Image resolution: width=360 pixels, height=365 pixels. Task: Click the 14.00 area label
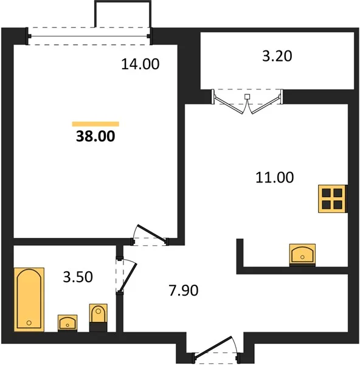140,64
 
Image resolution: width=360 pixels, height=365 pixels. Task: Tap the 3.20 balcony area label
277,56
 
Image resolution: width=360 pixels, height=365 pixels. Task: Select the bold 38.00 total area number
95,136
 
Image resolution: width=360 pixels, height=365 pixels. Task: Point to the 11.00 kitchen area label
275,178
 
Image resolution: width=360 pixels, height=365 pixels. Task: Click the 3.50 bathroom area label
78,277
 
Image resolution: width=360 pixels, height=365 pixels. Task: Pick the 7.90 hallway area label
184,290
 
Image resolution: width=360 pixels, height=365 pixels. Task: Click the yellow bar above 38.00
95,124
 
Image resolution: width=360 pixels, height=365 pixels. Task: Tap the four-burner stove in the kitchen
333,199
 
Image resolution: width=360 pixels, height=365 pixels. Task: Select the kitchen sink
302,255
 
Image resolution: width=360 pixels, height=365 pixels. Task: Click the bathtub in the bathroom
29,299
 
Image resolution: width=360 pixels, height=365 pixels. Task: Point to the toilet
98,318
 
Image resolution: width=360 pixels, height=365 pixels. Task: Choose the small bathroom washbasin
67,323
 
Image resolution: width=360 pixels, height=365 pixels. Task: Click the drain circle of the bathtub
29,323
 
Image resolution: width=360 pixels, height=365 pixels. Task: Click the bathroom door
128,277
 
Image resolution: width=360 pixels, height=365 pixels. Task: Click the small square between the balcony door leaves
247,97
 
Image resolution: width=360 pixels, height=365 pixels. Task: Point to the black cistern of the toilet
98,327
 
